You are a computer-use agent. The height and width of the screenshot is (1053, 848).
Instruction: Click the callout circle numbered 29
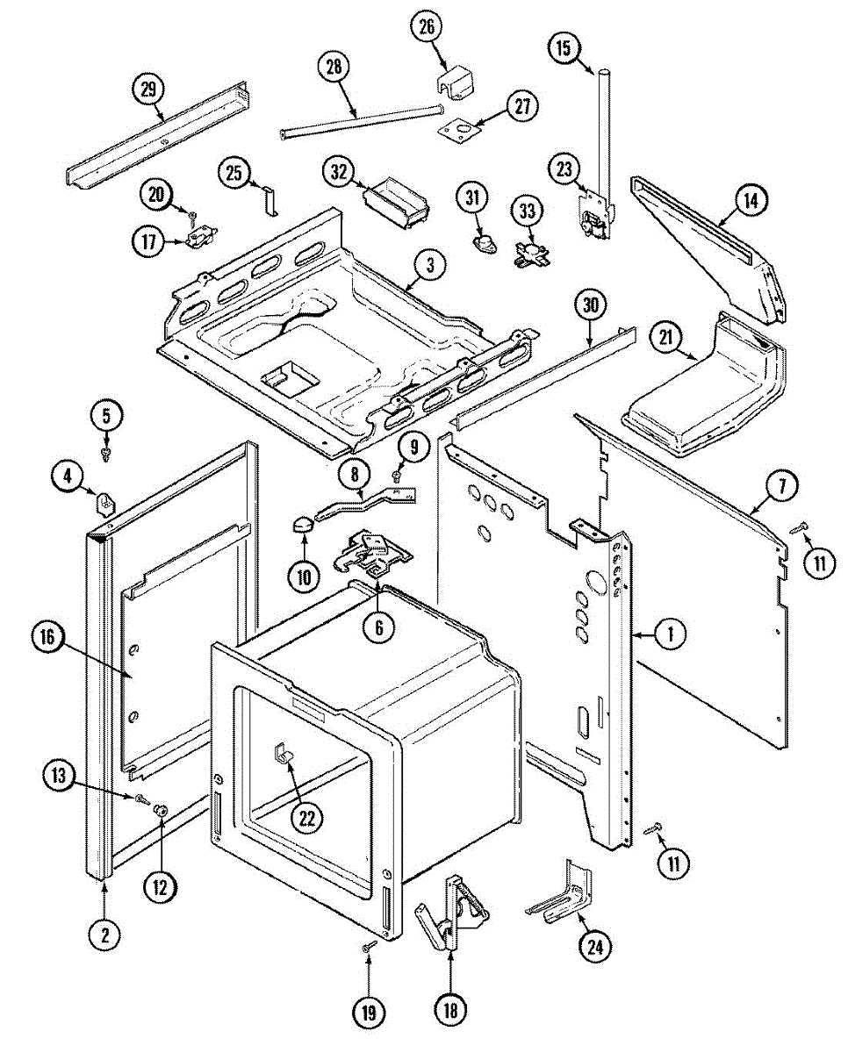pos(148,89)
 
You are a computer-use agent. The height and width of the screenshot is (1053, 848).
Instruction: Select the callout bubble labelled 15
pos(563,48)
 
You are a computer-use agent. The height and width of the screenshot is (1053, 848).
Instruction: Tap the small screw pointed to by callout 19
pos(369,946)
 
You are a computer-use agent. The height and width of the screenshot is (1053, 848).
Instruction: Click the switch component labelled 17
pos(200,237)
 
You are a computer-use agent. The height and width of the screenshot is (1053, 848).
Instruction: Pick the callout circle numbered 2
pos(104,935)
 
